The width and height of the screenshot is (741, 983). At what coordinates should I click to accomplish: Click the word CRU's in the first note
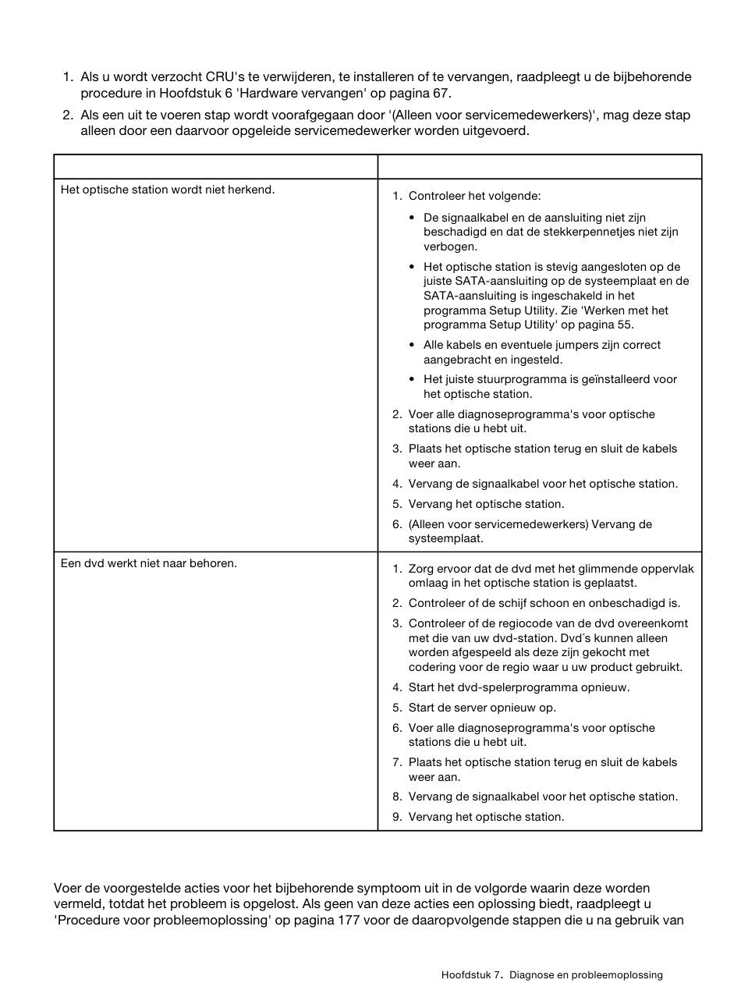225,77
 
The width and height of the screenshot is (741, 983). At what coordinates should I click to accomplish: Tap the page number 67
441,94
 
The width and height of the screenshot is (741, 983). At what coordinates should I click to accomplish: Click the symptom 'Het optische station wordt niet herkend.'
168,190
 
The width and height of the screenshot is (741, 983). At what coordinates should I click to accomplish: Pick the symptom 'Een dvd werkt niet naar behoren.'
149,563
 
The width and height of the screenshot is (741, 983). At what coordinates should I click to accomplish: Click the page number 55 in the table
625,325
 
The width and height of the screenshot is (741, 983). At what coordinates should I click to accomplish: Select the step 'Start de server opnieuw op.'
482,708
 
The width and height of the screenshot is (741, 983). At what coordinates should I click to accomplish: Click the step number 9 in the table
396,817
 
